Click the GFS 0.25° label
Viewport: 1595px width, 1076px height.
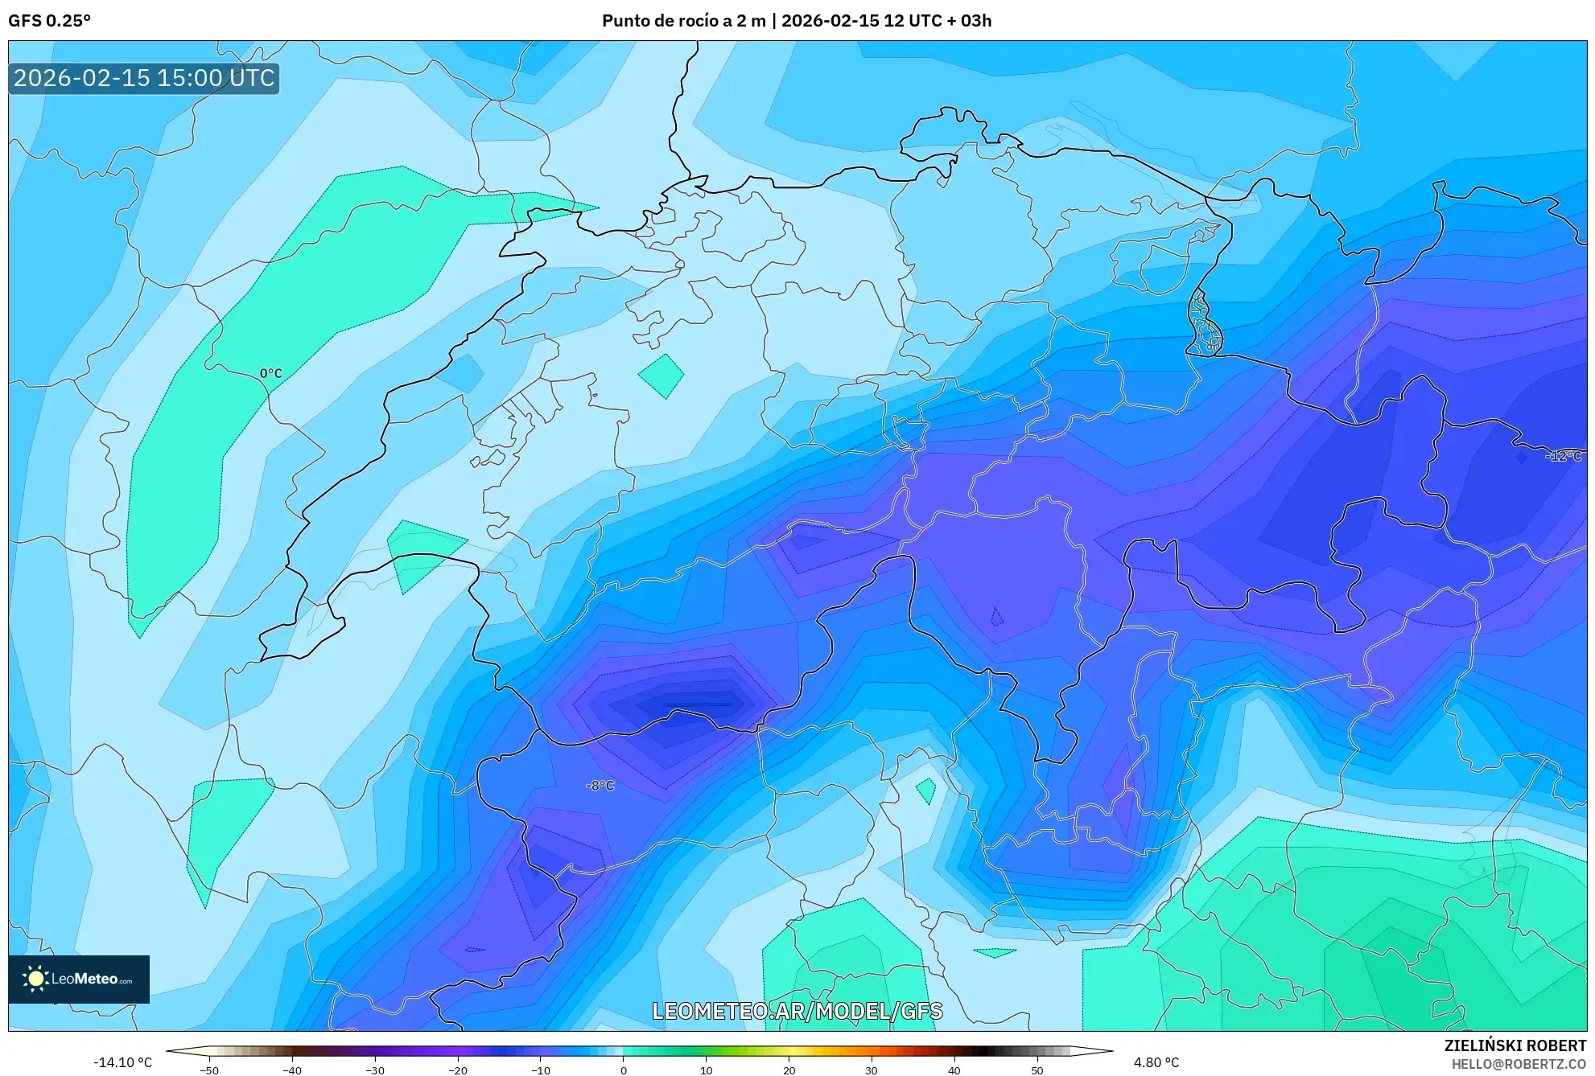coord(49,21)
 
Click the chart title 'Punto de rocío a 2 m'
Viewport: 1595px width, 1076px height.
coord(683,21)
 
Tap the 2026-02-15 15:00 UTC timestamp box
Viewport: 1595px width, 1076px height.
coord(144,78)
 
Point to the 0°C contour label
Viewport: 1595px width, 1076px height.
coord(271,373)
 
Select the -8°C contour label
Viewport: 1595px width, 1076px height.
coord(600,786)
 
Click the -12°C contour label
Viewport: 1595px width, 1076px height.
coord(1564,456)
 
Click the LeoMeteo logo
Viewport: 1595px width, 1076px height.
coord(79,979)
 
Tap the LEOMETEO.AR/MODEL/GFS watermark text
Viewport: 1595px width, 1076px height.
coord(797,1011)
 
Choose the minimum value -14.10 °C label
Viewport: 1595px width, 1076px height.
coord(122,1062)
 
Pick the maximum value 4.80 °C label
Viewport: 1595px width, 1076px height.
coord(1156,1062)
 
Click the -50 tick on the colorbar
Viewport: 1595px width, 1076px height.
coord(209,1070)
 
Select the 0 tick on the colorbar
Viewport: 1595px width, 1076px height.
coord(624,1070)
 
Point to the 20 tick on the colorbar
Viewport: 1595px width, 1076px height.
coord(789,1070)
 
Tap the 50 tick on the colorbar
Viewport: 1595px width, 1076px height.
coord(1037,1070)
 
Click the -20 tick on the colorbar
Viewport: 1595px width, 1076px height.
coord(458,1070)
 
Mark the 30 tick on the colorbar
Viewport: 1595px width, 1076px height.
coord(872,1070)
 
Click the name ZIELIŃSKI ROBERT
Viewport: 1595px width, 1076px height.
coord(1515,1045)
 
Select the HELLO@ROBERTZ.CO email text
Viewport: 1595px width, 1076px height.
coord(1519,1064)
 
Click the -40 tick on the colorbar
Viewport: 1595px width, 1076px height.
coord(292,1070)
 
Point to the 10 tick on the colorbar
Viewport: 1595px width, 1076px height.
coord(706,1070)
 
